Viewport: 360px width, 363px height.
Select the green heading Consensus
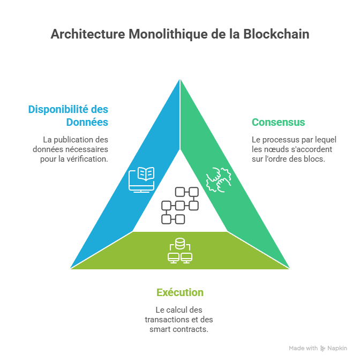pyautogui.click(x=278, y=122)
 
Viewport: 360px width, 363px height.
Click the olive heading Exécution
pyautogui.click(x=180, y=292)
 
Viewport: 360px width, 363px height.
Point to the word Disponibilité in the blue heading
pyautogui.click(x=59, y=110)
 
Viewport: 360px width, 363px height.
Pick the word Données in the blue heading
pyautogui.click(x=87, y=122)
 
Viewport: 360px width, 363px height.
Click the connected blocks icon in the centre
pyautogui.click(x=180, y=206)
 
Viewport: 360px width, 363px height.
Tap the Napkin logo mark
pyautogui.click(x=322, y=348)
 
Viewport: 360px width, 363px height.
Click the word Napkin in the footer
pyautogui.click(x=337, y=348)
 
